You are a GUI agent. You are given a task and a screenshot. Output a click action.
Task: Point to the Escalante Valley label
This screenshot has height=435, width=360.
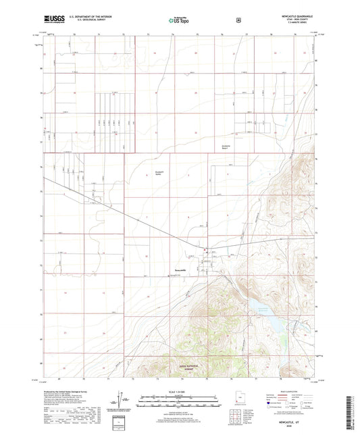[155, 172]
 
